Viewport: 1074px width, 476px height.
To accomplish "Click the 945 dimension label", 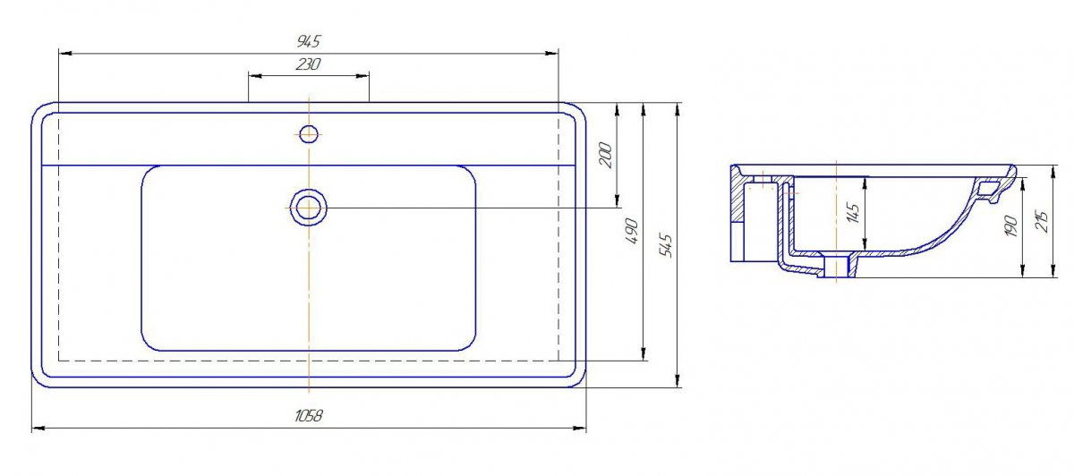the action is pos(308,41).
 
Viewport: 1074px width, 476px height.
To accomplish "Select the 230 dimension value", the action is pos(308,64).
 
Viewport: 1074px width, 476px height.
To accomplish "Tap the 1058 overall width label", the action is pos(308,415).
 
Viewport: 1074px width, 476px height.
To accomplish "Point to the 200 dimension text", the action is pos(606,155).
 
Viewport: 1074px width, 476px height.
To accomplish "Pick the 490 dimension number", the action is pos(633,231).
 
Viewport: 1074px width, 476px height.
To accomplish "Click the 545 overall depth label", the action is pos(666,245).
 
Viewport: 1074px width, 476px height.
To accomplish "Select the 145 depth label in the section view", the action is pos(853,213).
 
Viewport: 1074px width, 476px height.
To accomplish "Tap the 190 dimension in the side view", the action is pos(1010,225).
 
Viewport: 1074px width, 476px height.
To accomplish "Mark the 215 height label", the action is pos(1043,222).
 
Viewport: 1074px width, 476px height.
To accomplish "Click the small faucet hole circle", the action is pos(309,134).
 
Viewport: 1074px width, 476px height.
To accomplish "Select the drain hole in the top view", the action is pos(308,208).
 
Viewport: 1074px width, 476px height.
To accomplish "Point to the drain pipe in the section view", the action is pos(836,266).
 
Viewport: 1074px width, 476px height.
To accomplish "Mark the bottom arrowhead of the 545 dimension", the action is pos(677,380).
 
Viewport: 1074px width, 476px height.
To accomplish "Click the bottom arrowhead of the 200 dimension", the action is pos(617,201).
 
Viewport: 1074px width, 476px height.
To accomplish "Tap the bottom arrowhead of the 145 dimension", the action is pos(865,244).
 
